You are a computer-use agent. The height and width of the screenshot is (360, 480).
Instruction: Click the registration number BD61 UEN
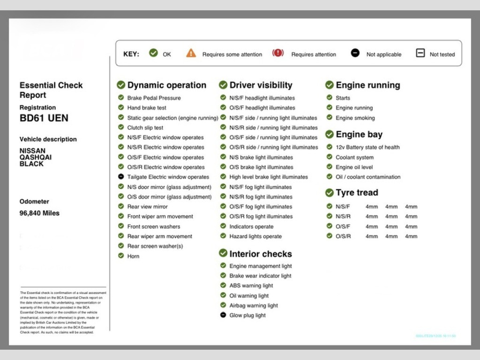pos(44,118)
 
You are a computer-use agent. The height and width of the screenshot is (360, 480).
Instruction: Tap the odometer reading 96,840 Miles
pos(39,213)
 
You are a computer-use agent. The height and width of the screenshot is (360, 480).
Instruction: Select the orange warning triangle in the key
pos(191,53)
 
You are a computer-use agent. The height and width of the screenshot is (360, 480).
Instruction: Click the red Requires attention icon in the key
pos(278,53)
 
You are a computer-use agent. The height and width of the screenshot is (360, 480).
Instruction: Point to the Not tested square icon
pos(420,53)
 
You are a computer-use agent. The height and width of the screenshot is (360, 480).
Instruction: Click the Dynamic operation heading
pos(166,85)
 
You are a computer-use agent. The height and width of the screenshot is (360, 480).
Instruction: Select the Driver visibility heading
pos(261,85)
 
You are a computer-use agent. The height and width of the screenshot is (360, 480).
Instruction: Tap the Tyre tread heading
pos(357,193)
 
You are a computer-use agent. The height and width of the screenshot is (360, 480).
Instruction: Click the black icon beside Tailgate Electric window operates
pos(121,177)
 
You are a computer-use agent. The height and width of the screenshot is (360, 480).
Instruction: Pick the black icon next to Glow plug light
pos(223,315)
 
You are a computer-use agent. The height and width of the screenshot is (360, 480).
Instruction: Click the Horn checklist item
pos(133,256)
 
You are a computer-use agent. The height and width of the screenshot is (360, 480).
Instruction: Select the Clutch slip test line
pos(145,127)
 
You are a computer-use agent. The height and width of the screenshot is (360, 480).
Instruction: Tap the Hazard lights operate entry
pos(255,237)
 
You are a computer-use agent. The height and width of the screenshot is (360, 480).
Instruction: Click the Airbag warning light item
pos(254,306)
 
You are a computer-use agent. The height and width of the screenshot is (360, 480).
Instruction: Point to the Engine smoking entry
pos(355,118)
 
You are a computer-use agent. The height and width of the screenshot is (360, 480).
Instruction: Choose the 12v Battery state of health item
pos(367,147)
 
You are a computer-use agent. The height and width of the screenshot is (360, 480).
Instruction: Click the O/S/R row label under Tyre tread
pos(343,237)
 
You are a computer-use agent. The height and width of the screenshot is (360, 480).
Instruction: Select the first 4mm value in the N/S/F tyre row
pos(372,207)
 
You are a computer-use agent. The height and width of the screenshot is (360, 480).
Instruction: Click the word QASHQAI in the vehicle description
pos(36,157)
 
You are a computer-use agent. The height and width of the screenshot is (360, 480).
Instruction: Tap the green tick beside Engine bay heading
pos(330,135)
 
